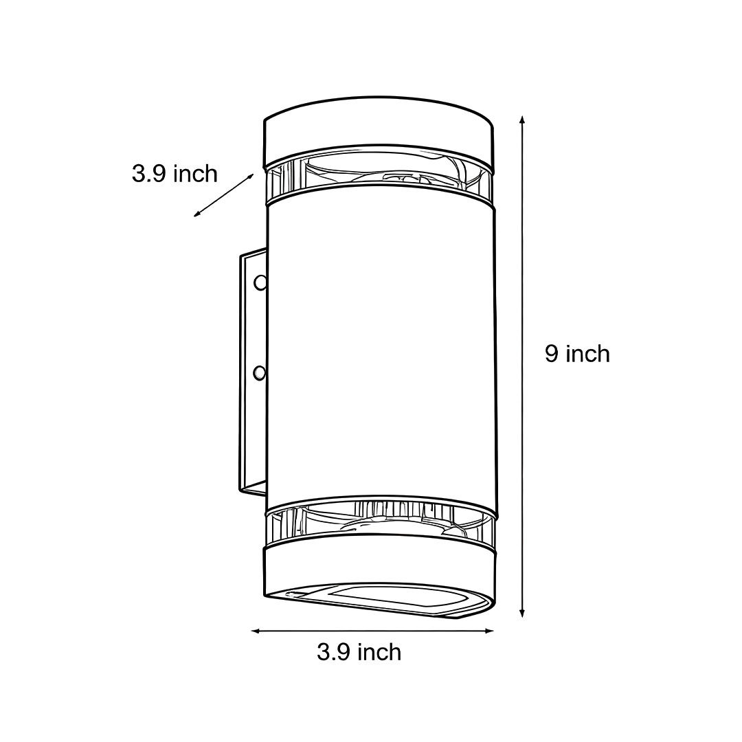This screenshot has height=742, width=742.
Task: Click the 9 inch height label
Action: click(577, 354)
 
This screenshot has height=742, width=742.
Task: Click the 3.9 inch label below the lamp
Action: click(359, 651)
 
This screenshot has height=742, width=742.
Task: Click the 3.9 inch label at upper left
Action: click(175, 174)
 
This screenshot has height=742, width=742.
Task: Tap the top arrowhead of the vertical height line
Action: click(523, 120)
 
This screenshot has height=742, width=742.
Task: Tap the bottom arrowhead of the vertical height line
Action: click(523, 613)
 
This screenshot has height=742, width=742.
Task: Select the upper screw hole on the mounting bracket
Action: click(260, 282)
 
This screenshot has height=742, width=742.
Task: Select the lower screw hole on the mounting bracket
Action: click(259, 372)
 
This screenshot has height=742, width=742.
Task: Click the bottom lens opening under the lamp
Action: click(398, 599)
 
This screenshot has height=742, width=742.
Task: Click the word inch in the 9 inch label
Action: click(587, 354)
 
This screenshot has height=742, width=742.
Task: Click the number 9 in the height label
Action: click(551, 354)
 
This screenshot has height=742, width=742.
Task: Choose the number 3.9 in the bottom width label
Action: click(334, 651)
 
